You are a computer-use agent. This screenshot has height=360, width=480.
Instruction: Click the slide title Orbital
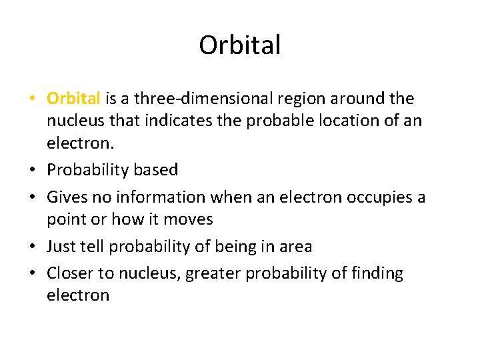240,45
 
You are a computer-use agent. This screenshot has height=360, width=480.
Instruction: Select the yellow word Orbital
73,99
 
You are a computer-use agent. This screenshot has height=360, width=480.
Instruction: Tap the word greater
209,273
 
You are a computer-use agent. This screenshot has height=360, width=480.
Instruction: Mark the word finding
379,273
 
